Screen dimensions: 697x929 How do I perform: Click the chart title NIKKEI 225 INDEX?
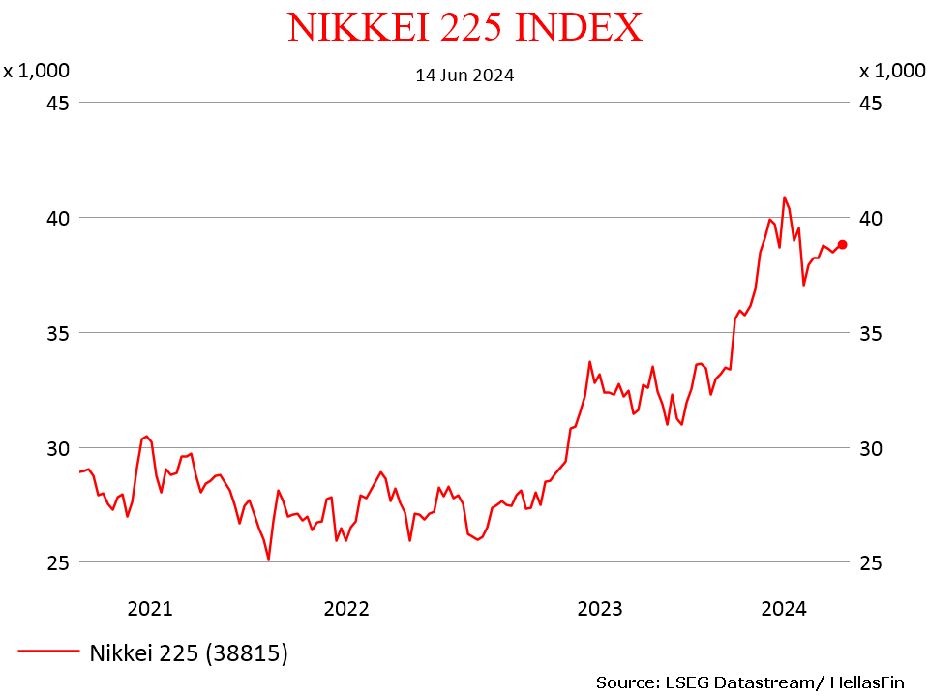[464, 27]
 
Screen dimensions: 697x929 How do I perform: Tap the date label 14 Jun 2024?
[464, 75]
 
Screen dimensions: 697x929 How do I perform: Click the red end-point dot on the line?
[843, 244]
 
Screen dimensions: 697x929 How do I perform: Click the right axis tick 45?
[870, 103]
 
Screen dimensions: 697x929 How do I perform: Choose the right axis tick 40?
[870, 218]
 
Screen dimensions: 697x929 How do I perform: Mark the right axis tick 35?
[870, 333]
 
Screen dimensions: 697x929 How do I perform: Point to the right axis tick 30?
[870, 448]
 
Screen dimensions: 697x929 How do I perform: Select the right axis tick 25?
[870, 562]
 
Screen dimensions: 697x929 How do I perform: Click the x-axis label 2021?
[150, 609]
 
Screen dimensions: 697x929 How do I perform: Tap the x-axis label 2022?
[346, 609]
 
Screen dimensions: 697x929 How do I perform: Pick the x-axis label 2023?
[600, 609]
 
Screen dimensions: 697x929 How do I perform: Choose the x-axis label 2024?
[784, 609]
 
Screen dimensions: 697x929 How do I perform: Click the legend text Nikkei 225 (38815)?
[189, 653]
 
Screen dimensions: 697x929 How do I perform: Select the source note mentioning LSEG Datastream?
[750, 682]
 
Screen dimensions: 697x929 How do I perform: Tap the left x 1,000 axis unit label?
[36, 71]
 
